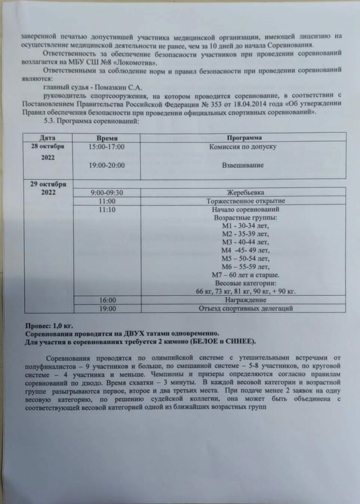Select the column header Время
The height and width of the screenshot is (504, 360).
pos(107,137)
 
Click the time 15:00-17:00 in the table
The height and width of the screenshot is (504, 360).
pos(107,147)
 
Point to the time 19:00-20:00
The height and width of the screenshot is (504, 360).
pos(107,165)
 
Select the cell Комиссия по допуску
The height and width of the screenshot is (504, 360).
pos(243,147)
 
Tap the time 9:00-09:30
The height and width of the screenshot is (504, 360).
pos(107,192)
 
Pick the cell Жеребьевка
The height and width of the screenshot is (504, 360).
pos(243,192)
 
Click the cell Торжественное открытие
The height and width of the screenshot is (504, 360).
pos(243,201)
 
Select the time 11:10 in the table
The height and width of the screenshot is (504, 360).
pos(107,209)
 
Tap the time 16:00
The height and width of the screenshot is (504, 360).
pos(107,300)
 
